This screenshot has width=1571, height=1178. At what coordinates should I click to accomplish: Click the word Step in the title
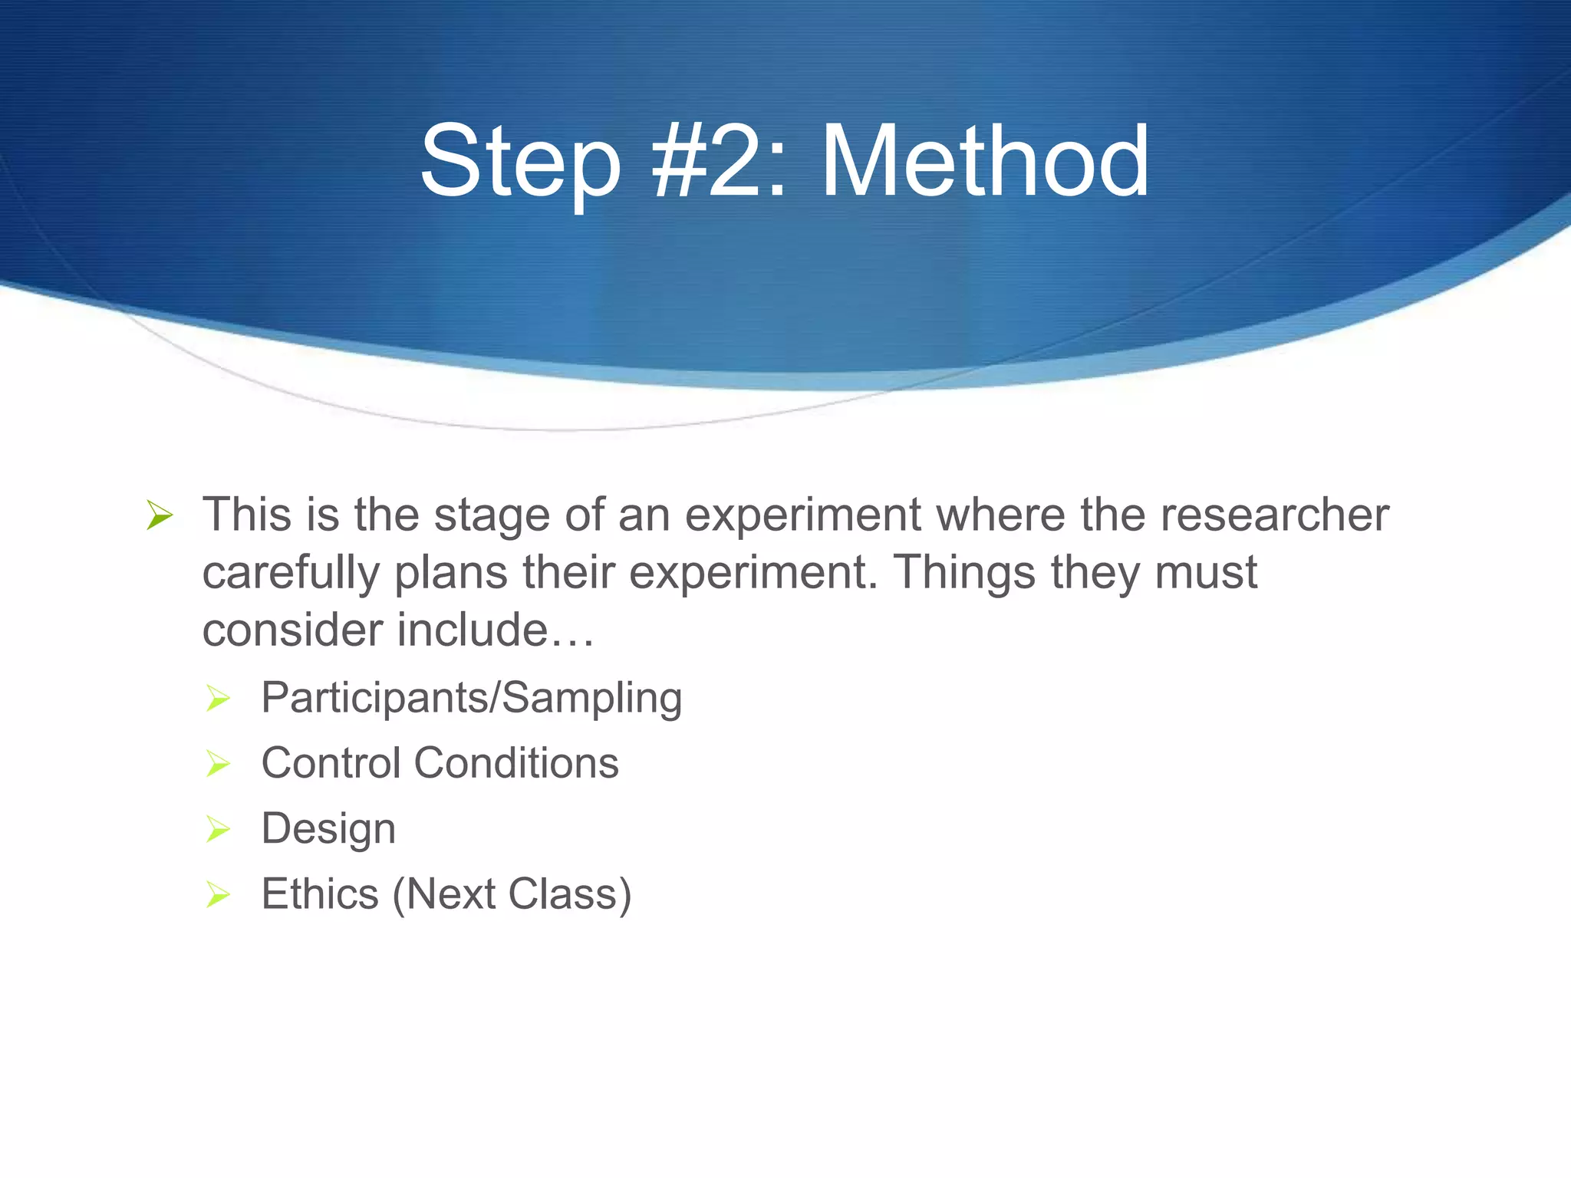coord(520,163)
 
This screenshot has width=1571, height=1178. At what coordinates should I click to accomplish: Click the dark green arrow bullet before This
coord(160,515)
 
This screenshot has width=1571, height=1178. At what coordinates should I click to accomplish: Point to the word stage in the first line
coord(492,515)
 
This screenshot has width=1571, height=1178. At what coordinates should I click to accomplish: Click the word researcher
coord(1274,515)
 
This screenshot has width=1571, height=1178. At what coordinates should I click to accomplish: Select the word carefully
coord(291,573)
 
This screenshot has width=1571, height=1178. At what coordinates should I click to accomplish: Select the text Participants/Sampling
coord(471,698)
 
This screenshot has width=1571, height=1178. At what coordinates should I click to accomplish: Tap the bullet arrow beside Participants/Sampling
coord(218,699)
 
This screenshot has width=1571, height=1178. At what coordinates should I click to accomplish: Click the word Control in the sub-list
coord(331,763)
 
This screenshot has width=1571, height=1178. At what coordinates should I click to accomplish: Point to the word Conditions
coord(516,763)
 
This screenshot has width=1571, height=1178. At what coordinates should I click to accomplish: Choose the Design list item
coord(328,829)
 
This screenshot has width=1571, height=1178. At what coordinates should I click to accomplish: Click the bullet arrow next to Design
coord(218,830)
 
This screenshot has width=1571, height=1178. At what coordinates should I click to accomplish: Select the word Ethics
coord(320,894)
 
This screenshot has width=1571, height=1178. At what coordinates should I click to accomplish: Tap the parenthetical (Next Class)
coord(512,895)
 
